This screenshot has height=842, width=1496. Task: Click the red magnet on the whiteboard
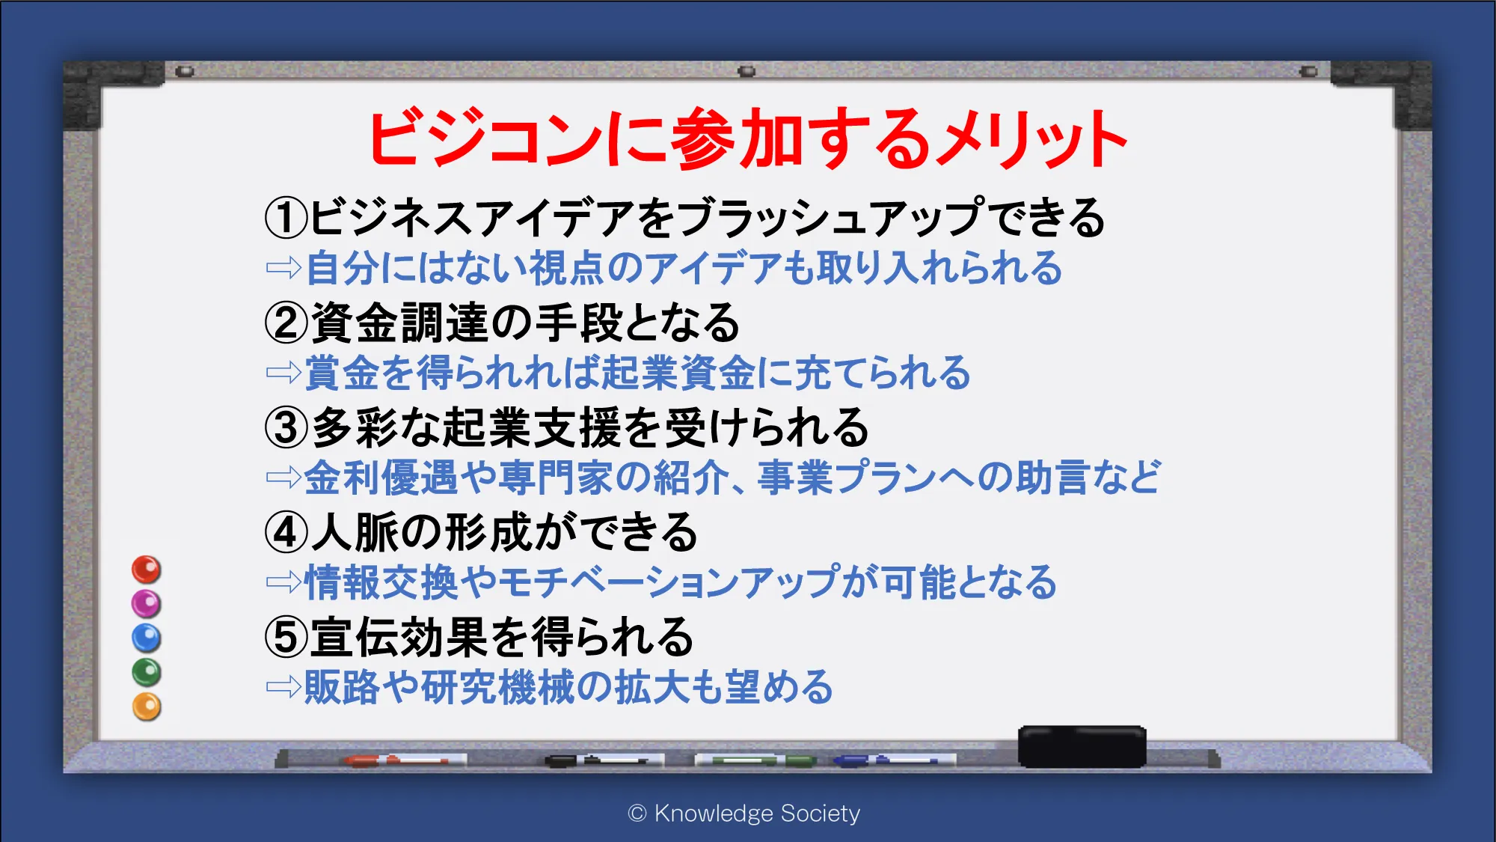click(147, 570)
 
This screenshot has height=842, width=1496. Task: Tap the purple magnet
click(147, 604)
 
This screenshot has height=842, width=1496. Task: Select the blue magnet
click(147, 638)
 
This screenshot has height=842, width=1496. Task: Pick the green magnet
click(147, 672)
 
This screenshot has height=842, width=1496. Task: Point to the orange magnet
click(147, 707)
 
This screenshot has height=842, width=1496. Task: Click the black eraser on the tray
click(1082, 746)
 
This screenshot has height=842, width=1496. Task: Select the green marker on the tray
click(755, 760)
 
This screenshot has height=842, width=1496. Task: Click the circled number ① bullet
click(286, 218)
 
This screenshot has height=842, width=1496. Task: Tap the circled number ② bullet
click(286, 323)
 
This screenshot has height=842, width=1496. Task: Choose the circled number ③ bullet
click(286, 427)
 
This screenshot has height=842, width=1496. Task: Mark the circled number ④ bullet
click(286, 532)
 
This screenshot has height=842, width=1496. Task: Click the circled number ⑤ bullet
click(286, 637)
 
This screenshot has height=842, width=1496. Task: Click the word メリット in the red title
click(1033, 139)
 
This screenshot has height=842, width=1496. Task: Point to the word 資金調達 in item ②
click(400, 323)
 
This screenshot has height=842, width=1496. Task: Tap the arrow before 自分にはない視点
click(283, 268)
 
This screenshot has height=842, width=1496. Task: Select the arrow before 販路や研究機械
click(283, 687)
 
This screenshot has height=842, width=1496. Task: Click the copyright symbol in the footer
click(637, 814)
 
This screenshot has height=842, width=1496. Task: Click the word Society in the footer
click(820, 814)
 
